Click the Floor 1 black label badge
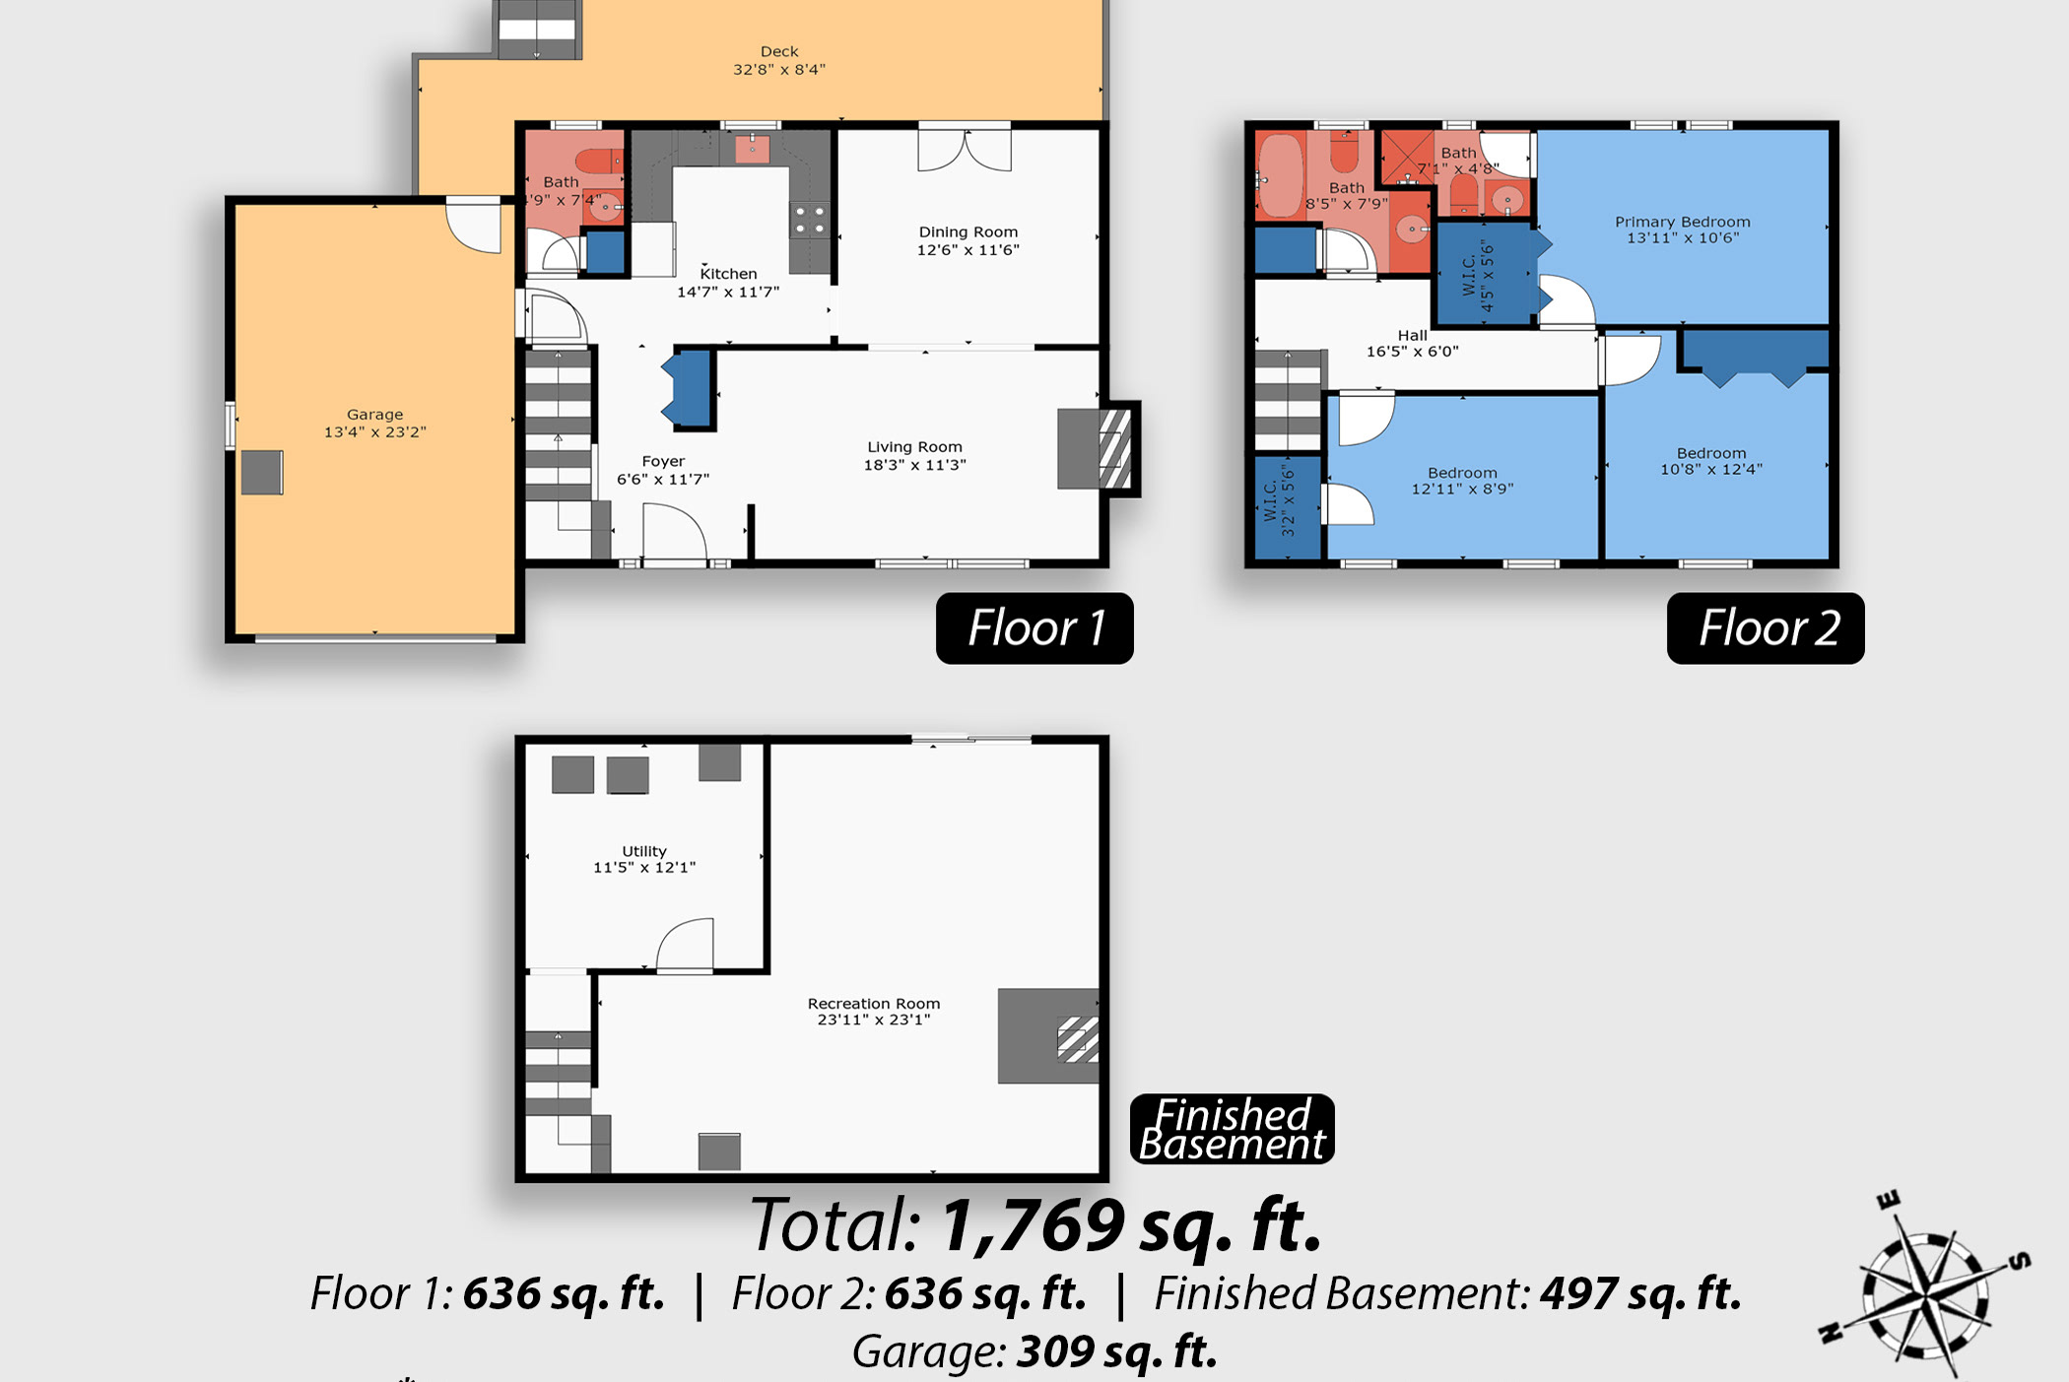pos(1034,628)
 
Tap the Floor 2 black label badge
pos(1766,628)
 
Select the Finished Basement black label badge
pos(1232,1129)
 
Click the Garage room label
pos(374,415)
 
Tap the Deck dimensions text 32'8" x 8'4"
pos(779,69)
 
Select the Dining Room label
pos(968,232)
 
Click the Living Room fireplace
pos(1098,448)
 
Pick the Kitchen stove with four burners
pos(810,220)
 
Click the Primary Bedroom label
pos(1683,222)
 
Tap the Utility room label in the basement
pos(644,851)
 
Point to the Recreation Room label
pos(874,1004)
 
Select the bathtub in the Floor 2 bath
pos(1281,175)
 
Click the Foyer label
pos(663,461)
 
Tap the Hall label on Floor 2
pos(1412,335)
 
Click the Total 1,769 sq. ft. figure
pos(1035,1224)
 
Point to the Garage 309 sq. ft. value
pos(1116,1350)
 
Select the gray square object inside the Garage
pos(262,472)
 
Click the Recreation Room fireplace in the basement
pos(1048,1036)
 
